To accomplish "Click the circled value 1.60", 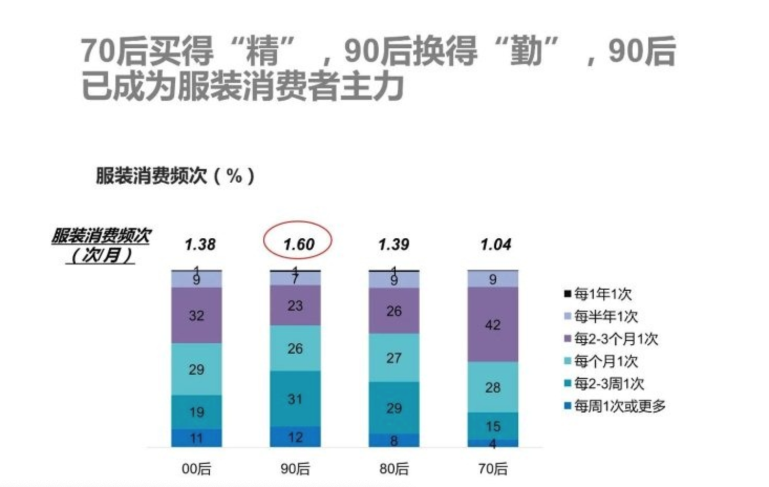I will coord(298,245).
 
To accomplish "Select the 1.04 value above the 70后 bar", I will coord(495,245).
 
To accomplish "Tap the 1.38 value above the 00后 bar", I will coord(200,245).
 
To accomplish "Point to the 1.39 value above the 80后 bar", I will coord(393,245).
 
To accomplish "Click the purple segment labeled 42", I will coord(493,325).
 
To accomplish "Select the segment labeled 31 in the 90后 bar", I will coord(295,399).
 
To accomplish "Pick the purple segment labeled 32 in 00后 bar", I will coord(196,315).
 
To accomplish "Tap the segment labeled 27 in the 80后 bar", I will coord(393,358).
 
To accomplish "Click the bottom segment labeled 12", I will coord(295,437).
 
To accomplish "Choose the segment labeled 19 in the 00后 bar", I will coord(196,412).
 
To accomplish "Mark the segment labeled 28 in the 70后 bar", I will coord(493,387).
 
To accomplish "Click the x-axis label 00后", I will coord(196,469).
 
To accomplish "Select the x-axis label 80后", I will coord(393,469).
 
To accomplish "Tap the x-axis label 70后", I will coord(493,469).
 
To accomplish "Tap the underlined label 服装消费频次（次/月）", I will coord(101,246).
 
